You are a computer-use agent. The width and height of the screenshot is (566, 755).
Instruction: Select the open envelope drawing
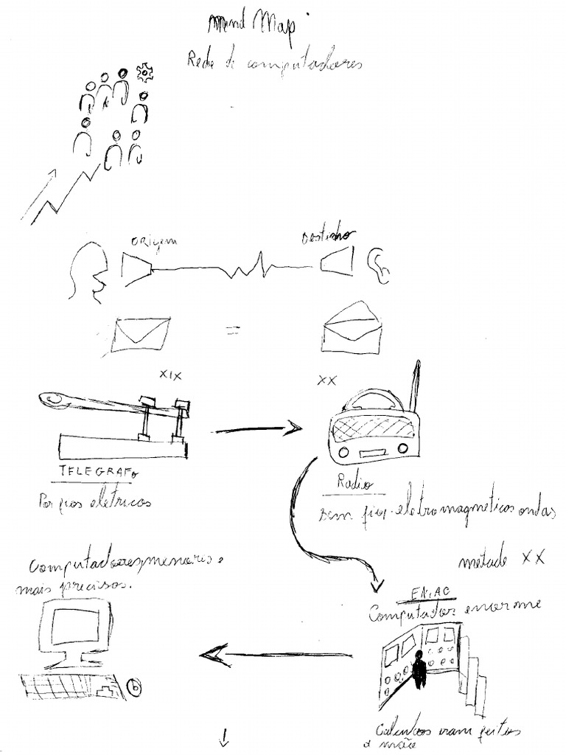coord(351,327)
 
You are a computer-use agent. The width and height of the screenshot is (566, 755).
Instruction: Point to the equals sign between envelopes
coord(232,331)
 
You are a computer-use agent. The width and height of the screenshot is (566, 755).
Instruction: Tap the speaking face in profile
coord(87,273)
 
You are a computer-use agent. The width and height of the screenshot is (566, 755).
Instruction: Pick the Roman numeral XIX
coord(170,375)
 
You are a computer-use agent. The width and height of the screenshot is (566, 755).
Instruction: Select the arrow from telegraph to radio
coord(258,428)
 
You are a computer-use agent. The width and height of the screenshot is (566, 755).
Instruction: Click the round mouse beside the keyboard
coord(134,687)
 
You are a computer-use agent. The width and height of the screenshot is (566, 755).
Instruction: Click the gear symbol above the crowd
coord(144,72)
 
